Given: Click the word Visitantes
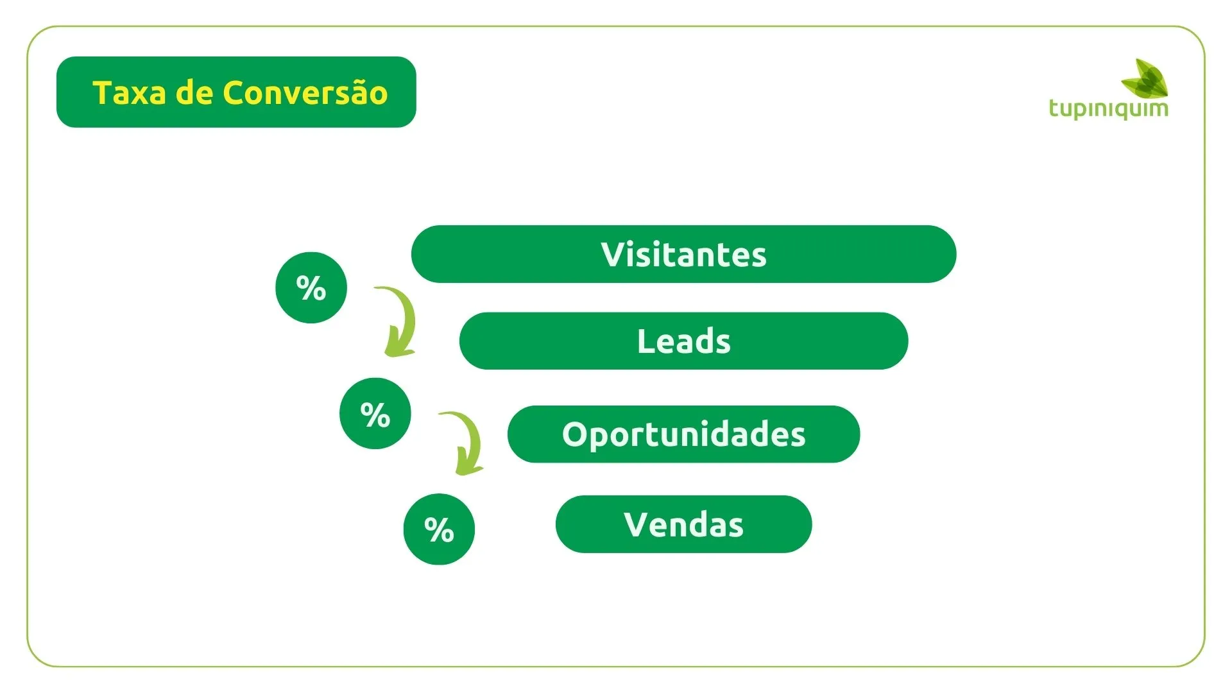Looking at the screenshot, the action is [x=683, y=255].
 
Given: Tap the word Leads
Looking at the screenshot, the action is [x=683, y=341].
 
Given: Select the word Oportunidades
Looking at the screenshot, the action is [x=683, y=434].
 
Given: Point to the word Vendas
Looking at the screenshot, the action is [x=683, y=524].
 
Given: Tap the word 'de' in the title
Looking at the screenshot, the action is [x=194, y=92].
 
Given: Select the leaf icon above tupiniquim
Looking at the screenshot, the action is [x=1145, y=78].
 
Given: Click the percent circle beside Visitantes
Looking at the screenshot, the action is [x=311, y=287].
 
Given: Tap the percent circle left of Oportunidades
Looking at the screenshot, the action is [x=375, y=413].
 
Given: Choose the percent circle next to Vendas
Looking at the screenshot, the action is [x=440, y=529].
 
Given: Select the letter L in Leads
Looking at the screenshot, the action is [x=646, y=341].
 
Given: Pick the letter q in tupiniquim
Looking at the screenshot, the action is [x=1118, y=110].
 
